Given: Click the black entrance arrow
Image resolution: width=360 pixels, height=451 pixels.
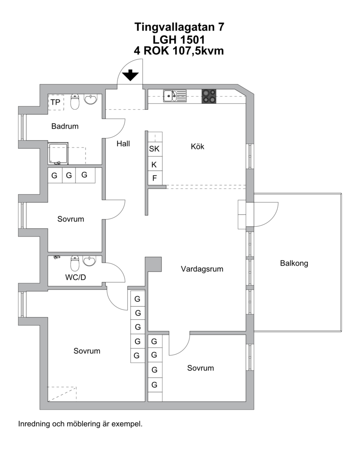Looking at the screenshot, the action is pos(130,75).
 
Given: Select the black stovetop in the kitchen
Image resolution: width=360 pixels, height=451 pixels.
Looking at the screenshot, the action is pos(209,96).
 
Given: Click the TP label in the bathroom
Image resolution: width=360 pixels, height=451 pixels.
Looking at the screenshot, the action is pos(55,102).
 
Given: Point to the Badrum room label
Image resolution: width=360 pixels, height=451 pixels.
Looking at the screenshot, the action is pos(65,126).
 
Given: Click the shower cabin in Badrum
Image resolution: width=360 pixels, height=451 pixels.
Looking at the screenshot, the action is pos(58,153).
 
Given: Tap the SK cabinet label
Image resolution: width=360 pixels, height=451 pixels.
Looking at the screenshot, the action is pos(154,149).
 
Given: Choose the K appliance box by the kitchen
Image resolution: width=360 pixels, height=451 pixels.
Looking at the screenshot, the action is pos(155,165).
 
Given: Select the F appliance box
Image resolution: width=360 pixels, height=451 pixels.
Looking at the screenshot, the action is pos(155,179).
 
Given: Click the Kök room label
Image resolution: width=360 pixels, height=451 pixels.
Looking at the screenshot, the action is pos(198,147).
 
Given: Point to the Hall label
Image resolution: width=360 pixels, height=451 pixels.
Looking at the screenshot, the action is pos(123,143).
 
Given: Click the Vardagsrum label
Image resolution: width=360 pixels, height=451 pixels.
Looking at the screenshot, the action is pos(202,269).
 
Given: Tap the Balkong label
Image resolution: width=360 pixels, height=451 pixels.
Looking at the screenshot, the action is pos(294,263).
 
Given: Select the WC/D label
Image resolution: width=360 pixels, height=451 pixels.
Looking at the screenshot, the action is pos(76,277).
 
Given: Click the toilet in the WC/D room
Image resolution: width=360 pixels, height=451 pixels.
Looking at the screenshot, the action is pos(75,263).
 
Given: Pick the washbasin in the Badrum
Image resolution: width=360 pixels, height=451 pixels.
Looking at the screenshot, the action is pos(90,99).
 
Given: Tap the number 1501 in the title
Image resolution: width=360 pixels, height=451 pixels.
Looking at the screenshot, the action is pos(191,40).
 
